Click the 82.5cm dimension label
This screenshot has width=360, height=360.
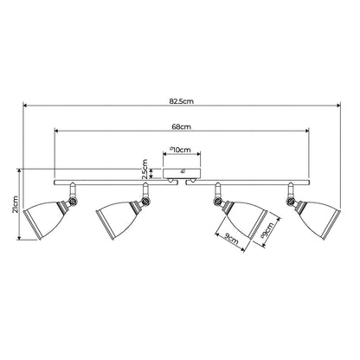click(181, 101)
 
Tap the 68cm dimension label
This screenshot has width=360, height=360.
click(181, 126)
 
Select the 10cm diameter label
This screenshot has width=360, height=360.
click(180, 150)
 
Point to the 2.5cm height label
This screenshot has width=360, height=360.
click(145, 169)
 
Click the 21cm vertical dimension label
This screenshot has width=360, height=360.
click(15, 204)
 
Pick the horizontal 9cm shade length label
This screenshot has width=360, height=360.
click(231, 239)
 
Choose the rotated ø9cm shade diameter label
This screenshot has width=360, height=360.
click(267, 230)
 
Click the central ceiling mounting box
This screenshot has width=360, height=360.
click(182, 173)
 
